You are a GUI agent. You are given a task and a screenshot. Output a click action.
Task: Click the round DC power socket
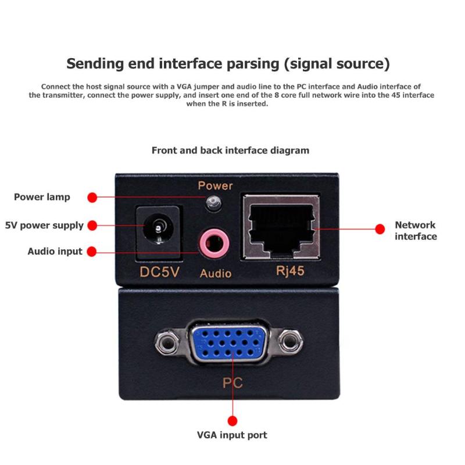point(156,231)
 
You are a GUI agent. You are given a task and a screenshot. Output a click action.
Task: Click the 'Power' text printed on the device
point(215,186)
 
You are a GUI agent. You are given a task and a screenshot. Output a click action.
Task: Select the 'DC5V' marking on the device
point(159,272)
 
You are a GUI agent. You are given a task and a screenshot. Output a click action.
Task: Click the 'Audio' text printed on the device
point(216,273)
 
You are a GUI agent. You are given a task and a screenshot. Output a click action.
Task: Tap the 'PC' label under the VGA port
point(233,383)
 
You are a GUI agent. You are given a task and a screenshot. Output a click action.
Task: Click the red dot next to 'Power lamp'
point(92,198)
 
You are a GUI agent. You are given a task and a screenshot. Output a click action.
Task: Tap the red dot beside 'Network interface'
point(380,229)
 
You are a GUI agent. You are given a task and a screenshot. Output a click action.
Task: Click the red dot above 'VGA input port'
point(233,421)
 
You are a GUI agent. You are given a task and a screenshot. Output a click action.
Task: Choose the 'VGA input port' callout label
point(232,435)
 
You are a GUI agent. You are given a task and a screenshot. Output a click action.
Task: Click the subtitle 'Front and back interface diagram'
point(230,150)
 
